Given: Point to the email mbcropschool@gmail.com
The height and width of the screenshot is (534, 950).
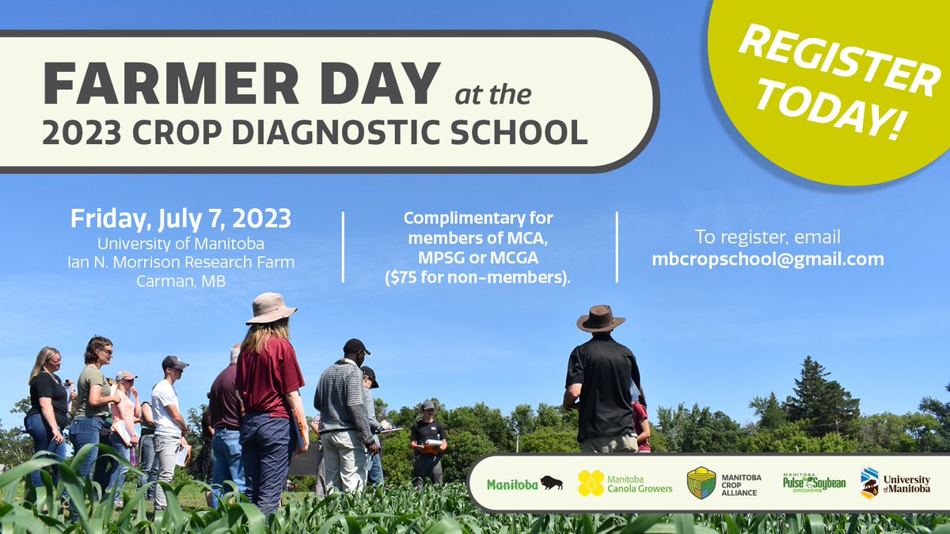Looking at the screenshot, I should (x=767, y=258).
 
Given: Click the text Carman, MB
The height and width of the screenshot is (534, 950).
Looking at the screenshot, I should (x=180, y=280).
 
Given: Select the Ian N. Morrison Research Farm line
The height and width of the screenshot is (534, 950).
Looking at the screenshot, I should (x=180, y=262).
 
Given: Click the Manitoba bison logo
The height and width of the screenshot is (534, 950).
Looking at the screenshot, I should (x=524, y=483).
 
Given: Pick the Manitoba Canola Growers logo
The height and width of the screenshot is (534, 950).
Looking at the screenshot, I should (x=625, y=483).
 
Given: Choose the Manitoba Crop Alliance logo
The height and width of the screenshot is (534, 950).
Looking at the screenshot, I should (x=723, y=483).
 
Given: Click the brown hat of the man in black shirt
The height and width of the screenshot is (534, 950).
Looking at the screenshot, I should (x=600, y=319).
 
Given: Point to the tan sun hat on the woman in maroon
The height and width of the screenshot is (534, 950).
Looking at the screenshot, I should (x=271, y=308).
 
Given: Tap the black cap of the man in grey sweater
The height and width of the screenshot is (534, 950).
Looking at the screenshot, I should (x=356, y=346).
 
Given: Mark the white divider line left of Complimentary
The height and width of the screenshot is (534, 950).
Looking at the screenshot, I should (x=344, y=247).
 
